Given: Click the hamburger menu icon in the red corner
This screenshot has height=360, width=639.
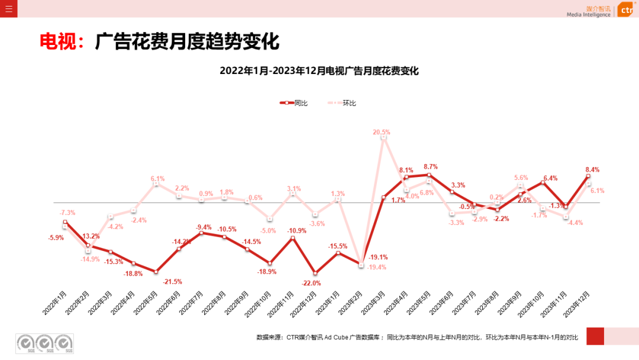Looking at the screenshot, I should pos(8,9).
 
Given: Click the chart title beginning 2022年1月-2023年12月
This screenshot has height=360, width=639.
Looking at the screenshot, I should pos(319,71).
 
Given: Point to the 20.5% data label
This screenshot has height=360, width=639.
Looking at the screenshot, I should pos(382,132).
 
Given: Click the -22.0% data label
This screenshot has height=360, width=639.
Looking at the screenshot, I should pos(312,283).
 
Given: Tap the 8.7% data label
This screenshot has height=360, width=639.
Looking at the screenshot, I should pos(430,166).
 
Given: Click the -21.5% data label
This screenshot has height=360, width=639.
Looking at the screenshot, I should pos(173,281).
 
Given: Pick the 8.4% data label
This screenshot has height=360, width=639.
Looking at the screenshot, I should pos(591,169).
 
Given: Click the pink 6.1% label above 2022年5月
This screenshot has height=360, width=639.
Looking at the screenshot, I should pos(157,178).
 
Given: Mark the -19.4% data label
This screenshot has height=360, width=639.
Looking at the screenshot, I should pos(376,267).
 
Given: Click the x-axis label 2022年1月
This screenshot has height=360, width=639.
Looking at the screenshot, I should pos(54,302).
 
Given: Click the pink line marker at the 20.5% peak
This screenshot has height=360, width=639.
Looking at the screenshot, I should pos(383,137).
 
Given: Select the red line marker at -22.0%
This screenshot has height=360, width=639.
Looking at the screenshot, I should pos(315,273).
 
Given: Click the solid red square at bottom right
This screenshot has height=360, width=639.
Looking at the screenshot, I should pos(595,336).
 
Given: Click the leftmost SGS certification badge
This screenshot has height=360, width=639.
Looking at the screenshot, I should pos(25,343).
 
